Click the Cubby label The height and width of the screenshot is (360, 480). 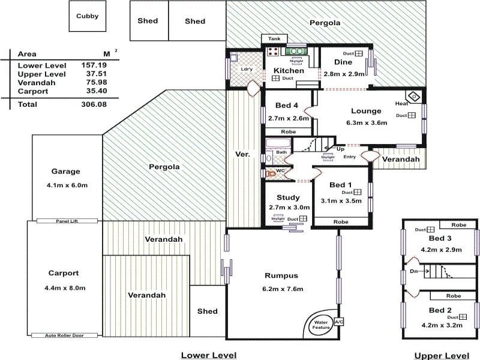88,17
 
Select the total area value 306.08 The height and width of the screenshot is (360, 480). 94,104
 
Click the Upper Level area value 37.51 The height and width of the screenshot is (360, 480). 94,74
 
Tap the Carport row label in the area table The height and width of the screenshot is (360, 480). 32,91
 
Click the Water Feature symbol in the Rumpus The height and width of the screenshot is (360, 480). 321,325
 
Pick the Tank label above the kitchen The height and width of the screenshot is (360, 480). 274,39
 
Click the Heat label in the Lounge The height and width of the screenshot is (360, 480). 401,104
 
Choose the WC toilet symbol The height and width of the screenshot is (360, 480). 271,172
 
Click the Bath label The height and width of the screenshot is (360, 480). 281,152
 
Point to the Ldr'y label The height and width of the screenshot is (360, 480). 247,69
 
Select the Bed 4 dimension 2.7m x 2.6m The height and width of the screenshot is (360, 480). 289,118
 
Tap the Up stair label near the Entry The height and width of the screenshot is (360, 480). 340,148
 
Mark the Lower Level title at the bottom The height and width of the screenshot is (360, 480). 209,355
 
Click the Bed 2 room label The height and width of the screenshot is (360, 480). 441,310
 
